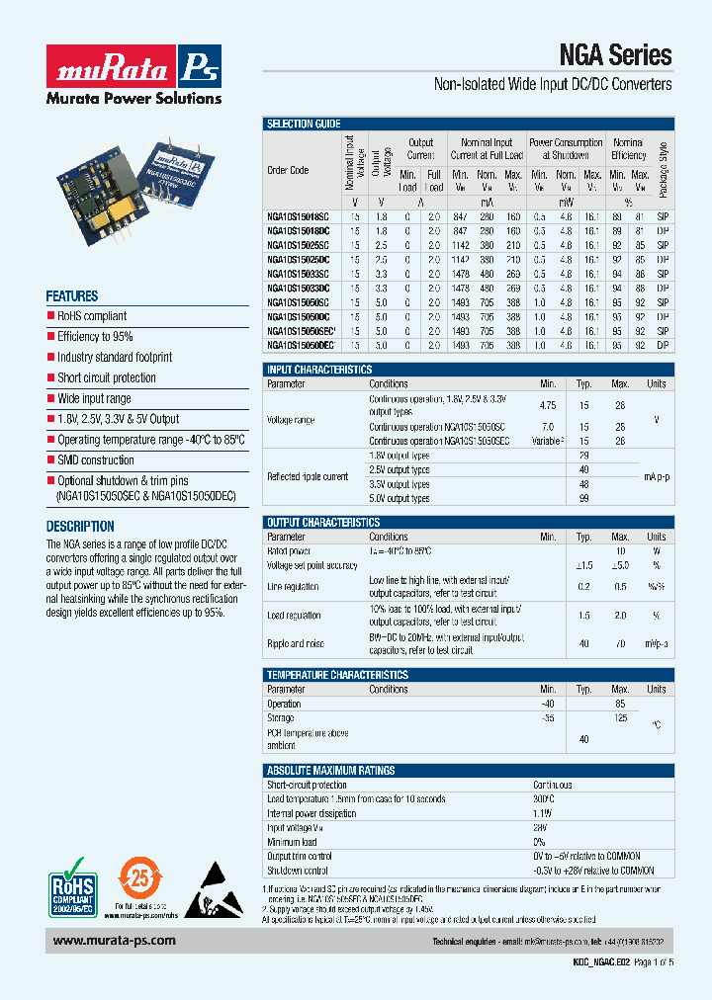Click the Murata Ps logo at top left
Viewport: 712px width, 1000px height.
tap(133, 72)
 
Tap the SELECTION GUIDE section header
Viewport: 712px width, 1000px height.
tap(304, 125)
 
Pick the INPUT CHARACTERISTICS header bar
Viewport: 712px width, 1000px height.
tap(319, 370)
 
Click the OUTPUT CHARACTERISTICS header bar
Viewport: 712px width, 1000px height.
tap(322, 523)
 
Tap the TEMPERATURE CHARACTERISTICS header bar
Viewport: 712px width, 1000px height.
tap(337, 675)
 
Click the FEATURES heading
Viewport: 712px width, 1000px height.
tap(72, 296)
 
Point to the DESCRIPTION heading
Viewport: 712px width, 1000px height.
tap(80, 527)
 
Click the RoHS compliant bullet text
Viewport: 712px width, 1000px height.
tap(92, 316)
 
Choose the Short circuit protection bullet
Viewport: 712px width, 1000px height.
tap(107, 377)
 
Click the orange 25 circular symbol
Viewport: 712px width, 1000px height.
tap(139, 877)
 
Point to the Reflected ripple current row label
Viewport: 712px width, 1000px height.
tap(308, 476)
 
